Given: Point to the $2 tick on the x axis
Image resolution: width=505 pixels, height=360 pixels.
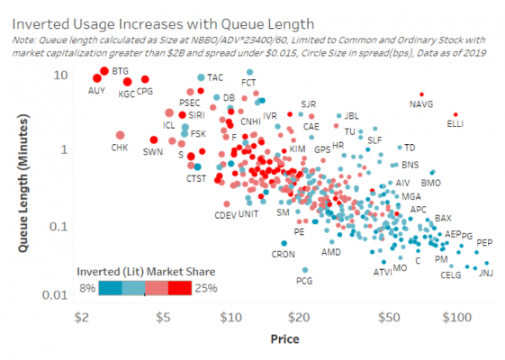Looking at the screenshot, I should pos(81,317).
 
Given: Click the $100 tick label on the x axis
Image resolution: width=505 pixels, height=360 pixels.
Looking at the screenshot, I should pos(456,317).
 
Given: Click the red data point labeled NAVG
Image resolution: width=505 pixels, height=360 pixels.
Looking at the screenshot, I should pos(421,94).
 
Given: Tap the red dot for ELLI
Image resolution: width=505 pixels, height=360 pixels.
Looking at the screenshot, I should pos(455,115).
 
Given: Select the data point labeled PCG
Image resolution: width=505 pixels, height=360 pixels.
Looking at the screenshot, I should pos(305,269).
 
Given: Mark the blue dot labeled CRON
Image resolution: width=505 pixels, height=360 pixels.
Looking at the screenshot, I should pos(284,243).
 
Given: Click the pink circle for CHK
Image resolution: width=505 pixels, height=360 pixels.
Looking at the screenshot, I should pos(120,135).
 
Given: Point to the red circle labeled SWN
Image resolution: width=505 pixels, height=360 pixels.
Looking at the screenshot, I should pos(154,139).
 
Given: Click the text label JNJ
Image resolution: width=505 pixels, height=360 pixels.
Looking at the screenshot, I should pos(485,273).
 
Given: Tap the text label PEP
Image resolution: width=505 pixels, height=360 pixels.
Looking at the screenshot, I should pos(484,243).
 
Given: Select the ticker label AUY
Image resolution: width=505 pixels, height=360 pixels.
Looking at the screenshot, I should pos(97,91).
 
